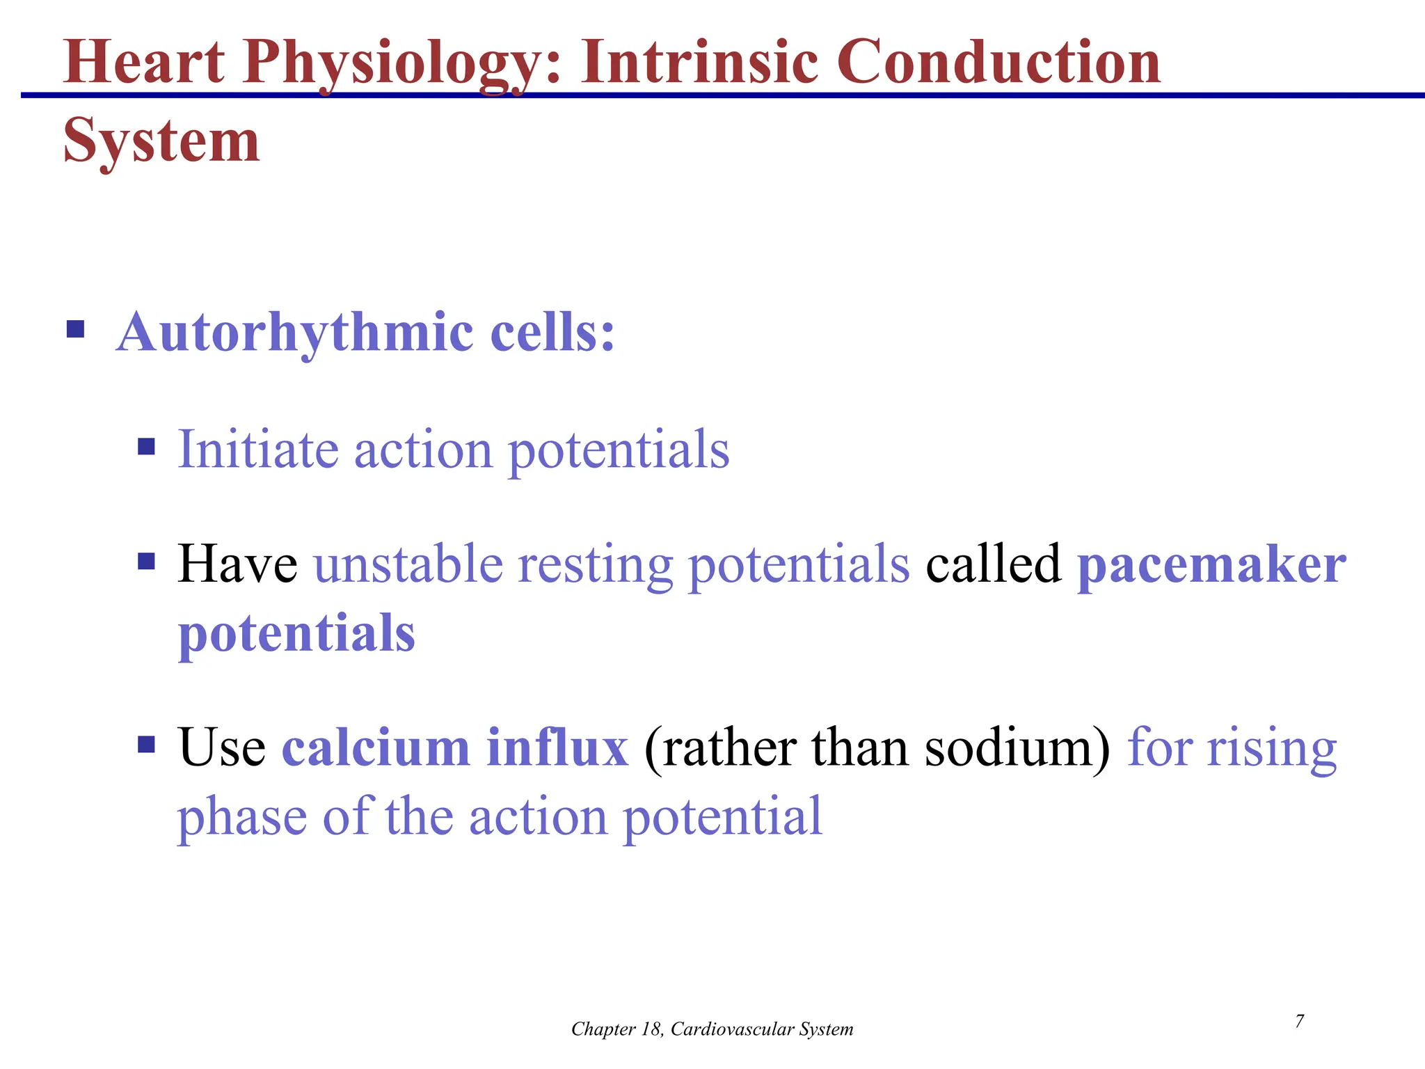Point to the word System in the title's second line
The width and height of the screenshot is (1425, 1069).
(161, 141)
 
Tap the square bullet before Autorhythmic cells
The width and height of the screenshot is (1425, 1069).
(75, 328)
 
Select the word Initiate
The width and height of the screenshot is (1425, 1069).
(258, 450)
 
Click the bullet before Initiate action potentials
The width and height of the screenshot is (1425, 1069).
(146, 446)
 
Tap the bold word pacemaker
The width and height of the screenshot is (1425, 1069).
(1211, 564)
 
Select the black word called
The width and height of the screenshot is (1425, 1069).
(993, 564)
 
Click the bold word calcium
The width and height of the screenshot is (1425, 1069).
(376, 747)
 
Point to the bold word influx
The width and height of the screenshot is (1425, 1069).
(557, 747)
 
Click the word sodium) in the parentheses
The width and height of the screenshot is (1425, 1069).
(1017, 749)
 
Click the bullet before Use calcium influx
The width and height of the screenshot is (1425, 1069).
(146, 745)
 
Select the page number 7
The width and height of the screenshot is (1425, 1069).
(1299, 1021)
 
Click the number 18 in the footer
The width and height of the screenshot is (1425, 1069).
(651, 1029)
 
